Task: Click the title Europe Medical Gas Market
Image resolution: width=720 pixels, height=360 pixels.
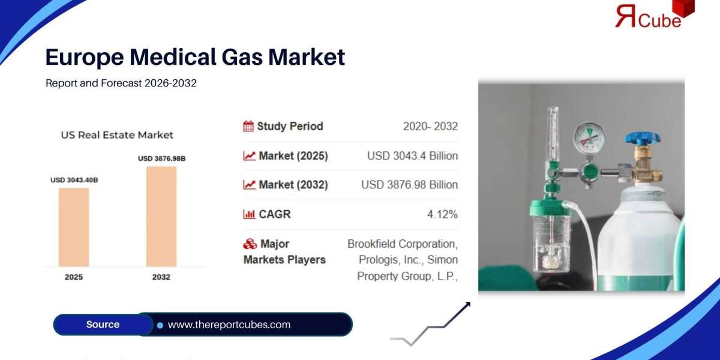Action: pos(195,57)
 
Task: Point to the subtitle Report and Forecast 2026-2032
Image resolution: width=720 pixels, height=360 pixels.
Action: pos(121,83)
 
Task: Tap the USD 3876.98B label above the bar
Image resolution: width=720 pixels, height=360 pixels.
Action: pos(161,158)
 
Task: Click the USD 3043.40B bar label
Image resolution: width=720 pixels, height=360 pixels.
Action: pos(74,180)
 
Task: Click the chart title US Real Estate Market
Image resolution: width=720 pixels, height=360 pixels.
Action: pos(117,135)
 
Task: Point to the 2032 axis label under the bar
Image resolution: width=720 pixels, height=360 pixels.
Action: pos(161,277)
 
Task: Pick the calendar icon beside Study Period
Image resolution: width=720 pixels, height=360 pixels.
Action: pos(248,126)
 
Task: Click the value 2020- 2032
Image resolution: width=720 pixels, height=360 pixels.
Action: pos(430,126)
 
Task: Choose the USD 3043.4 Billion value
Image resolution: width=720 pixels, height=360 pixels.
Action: pos(412,156)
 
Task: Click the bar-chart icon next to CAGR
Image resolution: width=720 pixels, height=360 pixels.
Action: pos(248,214)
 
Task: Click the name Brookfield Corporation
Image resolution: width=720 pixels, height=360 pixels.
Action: pos(402,244)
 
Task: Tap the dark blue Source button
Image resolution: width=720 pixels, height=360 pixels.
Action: pos(103,325)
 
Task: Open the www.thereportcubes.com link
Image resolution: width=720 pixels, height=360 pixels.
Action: pos(229,325)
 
